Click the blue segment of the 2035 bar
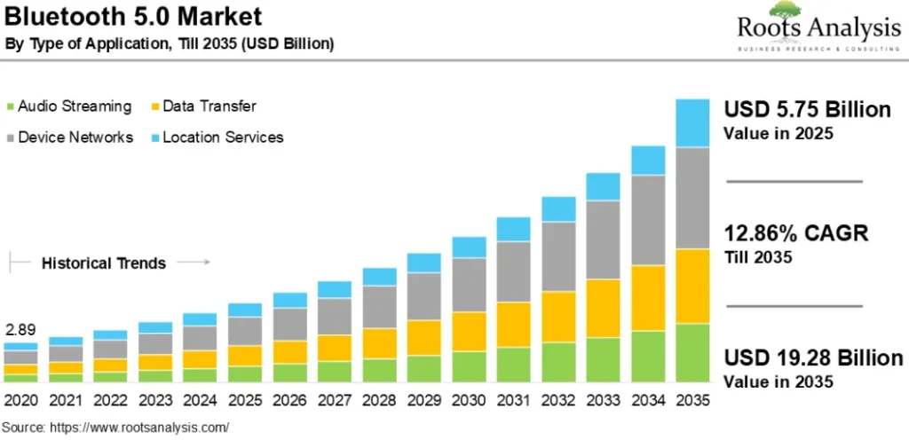[692, 122]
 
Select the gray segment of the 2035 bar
[692, 198]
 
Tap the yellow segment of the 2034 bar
[648, 298]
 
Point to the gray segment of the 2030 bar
[469, 284]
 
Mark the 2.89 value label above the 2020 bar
[20, 330]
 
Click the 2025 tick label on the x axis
[245, 400]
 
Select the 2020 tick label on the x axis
[20, 400]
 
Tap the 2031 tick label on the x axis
[513, 400]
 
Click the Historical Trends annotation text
[103, 263]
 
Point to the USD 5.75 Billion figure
[807, 110]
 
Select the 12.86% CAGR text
[796, 234]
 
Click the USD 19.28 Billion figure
[813, 358]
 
